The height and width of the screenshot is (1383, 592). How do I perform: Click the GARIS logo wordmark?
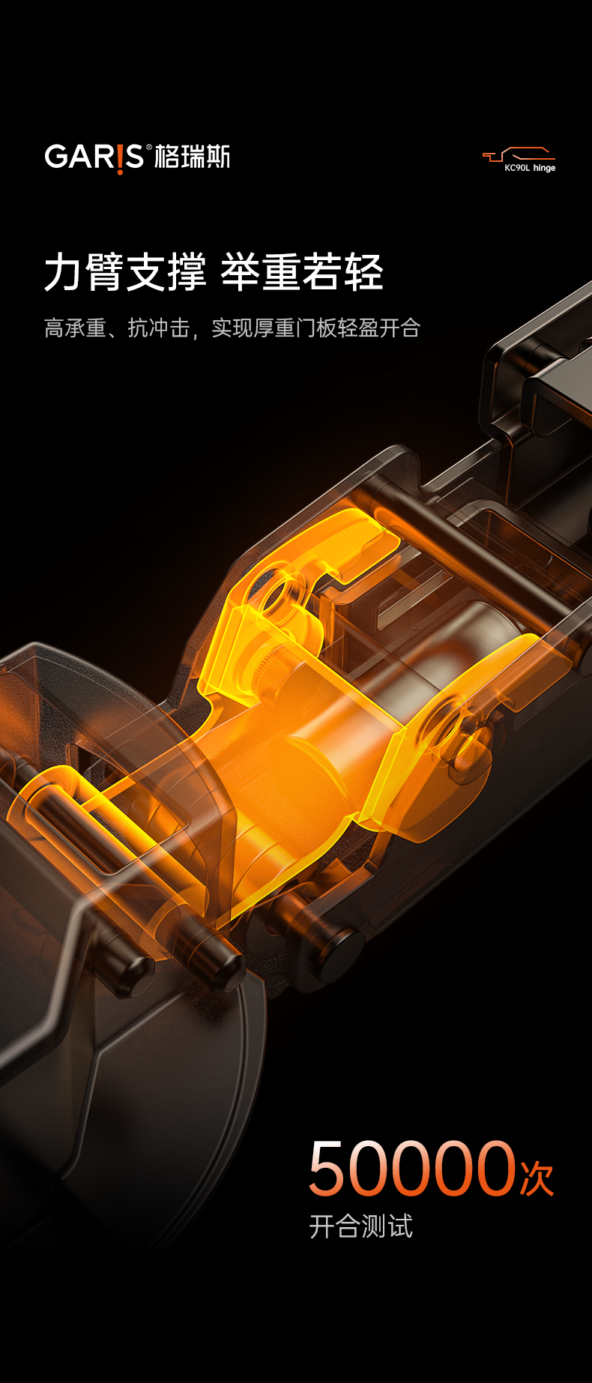tap(94, 157)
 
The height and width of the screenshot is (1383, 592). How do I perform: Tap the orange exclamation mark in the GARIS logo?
tap(119, 159)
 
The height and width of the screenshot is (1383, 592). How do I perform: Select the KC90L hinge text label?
tap(530, 168)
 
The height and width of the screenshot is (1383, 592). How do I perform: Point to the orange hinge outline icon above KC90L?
tap(519, 155)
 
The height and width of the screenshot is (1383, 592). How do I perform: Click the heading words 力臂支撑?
tap(125, 272)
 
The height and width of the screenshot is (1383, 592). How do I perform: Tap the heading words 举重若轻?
tap(302, 272)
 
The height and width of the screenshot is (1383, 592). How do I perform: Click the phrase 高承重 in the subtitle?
tap(75, 328)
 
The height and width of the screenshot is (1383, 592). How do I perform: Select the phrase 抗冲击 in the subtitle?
tap(159, 328)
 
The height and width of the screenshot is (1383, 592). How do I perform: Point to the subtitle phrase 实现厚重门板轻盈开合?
tap(315, 328)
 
